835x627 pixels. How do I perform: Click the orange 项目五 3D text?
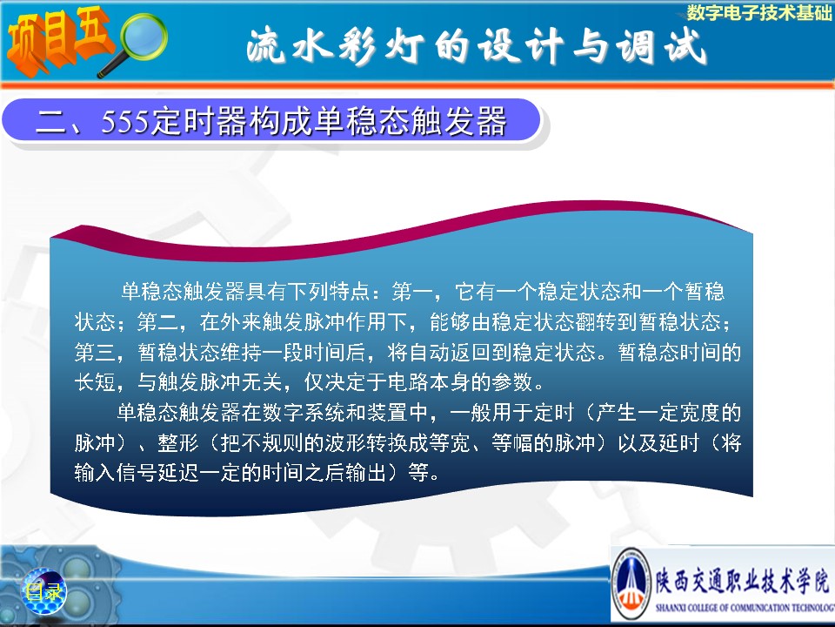coord(58,41)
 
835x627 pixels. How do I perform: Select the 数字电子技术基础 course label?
coord(758,12)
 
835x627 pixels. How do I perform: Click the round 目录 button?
coord(43,590)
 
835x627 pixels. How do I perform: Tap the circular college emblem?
coord(631,584)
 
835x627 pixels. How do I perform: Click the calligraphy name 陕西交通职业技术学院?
coord(742,580)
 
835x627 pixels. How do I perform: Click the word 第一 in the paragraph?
coord(411,291)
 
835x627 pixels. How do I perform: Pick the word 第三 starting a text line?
coord(94,352)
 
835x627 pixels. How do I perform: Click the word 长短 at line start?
coord(94,381)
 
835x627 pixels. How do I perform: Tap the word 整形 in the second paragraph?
coord(177,442)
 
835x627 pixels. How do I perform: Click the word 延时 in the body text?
coord(678,442)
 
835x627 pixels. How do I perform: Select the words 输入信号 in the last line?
coord(115,472)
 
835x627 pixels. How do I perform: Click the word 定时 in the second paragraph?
coord(554,412)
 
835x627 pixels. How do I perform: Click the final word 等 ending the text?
coord(418,472)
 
